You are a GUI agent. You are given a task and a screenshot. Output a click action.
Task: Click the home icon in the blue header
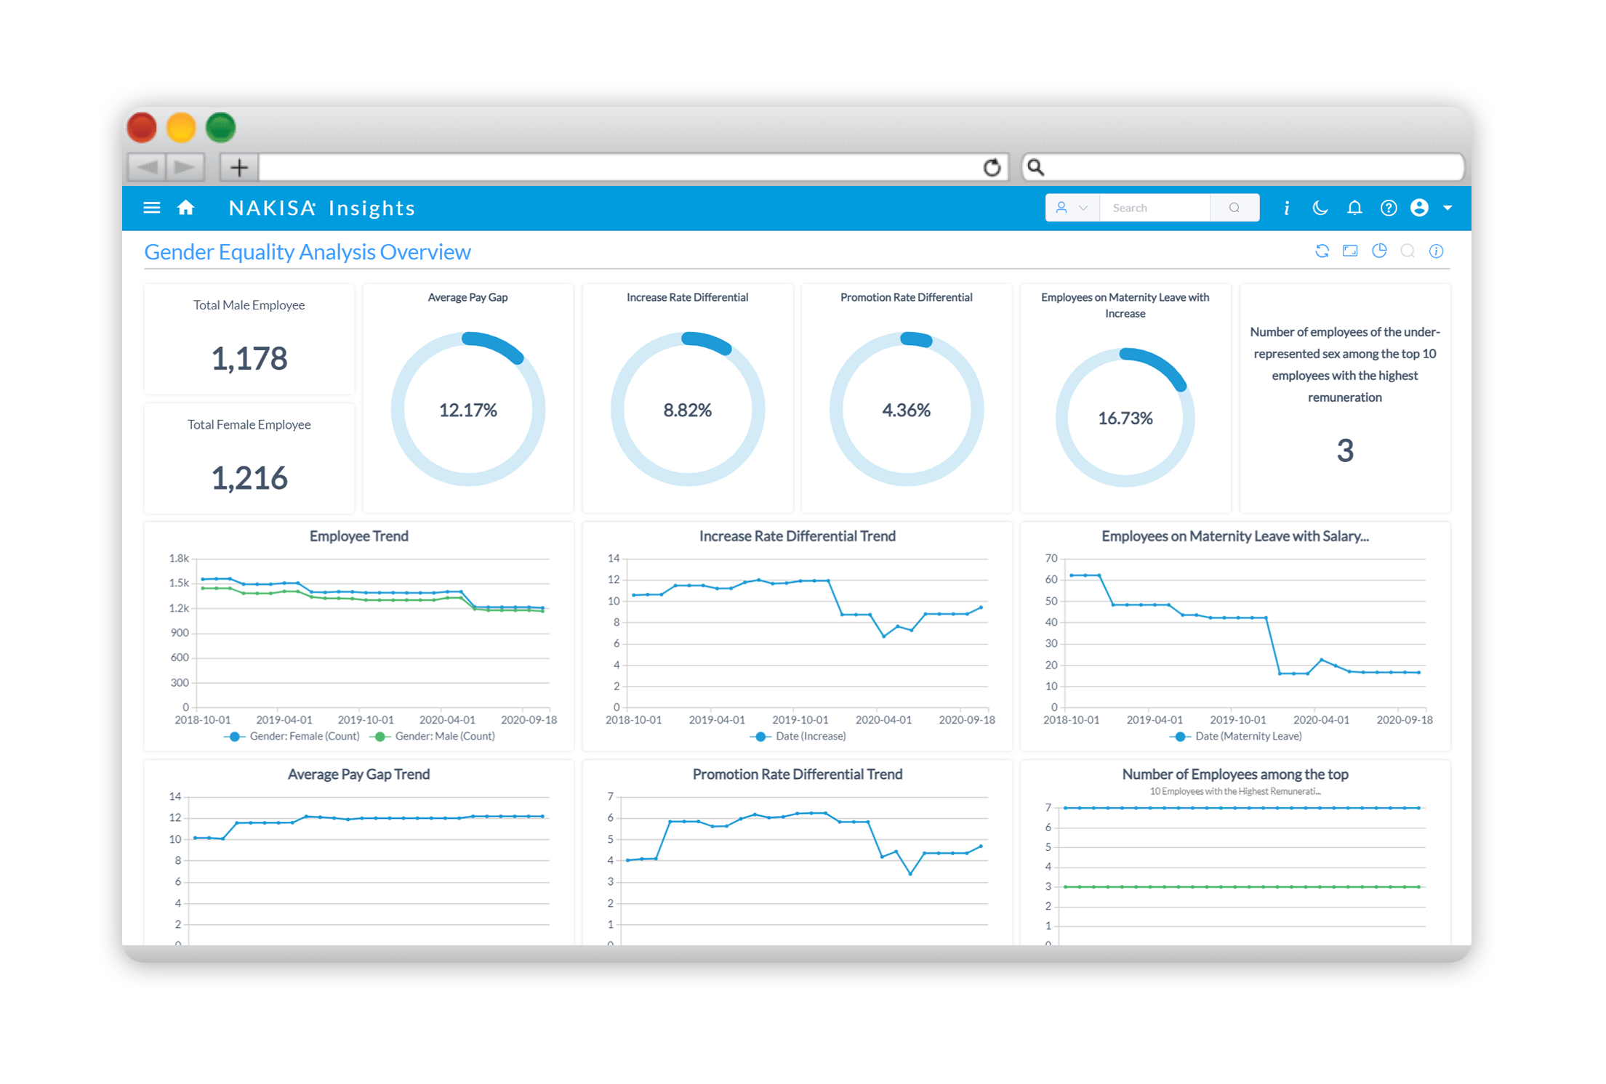pyautogui.click(x=186, y=208)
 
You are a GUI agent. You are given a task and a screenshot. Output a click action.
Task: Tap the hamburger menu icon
pyautogui.click(x=152, y=208)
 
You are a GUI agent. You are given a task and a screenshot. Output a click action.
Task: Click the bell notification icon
pyautogui.click(x=1354, y=208)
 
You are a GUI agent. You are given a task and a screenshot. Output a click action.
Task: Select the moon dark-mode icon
pyautogui.click(x=1320, y=208)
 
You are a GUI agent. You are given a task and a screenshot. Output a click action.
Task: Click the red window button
pyautogui.click(x=142, y=128)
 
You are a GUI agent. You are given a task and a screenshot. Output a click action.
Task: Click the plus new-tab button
pyautogui.click(x=238, y=168)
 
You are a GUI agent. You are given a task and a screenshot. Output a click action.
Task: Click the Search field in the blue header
pyautogui.click(x=1155, y=208)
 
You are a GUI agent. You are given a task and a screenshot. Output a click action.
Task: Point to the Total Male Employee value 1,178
pyautogui.click(x=249, y=358)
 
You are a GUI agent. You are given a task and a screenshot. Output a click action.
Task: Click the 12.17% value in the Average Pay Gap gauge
pyautogui.click(x=468, y=410)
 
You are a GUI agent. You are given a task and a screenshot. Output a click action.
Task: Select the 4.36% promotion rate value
pyautogui.click(x=906, y=410)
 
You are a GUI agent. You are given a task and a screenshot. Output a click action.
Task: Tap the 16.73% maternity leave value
pyautogui.click(x=1125, y=418)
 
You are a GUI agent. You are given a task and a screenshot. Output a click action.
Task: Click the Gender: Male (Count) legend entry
pyautogui.click(x=443, y=736)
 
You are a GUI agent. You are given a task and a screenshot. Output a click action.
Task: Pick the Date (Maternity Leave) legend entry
pyautogui.click(x=1248, y=736)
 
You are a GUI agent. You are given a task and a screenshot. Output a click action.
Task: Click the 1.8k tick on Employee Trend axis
pyautogui.click(x=179, y=558)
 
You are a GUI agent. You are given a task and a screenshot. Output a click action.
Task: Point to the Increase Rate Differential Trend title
pyautogui.click(x=797, y=536)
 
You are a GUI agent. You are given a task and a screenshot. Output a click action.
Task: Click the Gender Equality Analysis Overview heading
pyautogui.click(x=308, y=252)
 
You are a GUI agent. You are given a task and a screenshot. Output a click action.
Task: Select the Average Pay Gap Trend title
pyautogui.click(x=358, y=774)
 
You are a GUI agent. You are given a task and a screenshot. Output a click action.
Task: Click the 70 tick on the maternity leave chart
pyautogui.click(x=1051, y=558)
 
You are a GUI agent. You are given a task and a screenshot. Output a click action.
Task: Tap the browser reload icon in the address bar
pyautogui.click(x=992, y=168)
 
